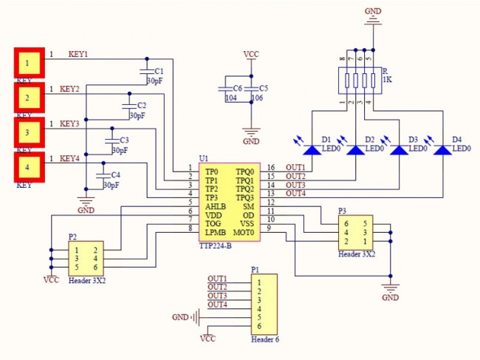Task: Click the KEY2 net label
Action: coord(69,89)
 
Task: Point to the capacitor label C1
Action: coord(160,70)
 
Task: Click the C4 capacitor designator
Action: coord(116,174)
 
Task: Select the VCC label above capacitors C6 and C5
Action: coord(251,55)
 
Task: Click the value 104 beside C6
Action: coord(230,98)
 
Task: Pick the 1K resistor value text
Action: coord(387,79)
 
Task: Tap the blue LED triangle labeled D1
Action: coord(313,149)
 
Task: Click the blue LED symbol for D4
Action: coord(442,149)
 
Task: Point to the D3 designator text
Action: coord(413,139)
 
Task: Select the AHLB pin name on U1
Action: coord(216,206)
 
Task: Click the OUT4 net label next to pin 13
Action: coord(295,193)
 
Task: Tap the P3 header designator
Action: coord(343,211)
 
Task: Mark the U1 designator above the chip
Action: coord(204,159)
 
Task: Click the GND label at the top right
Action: coord(373,11)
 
